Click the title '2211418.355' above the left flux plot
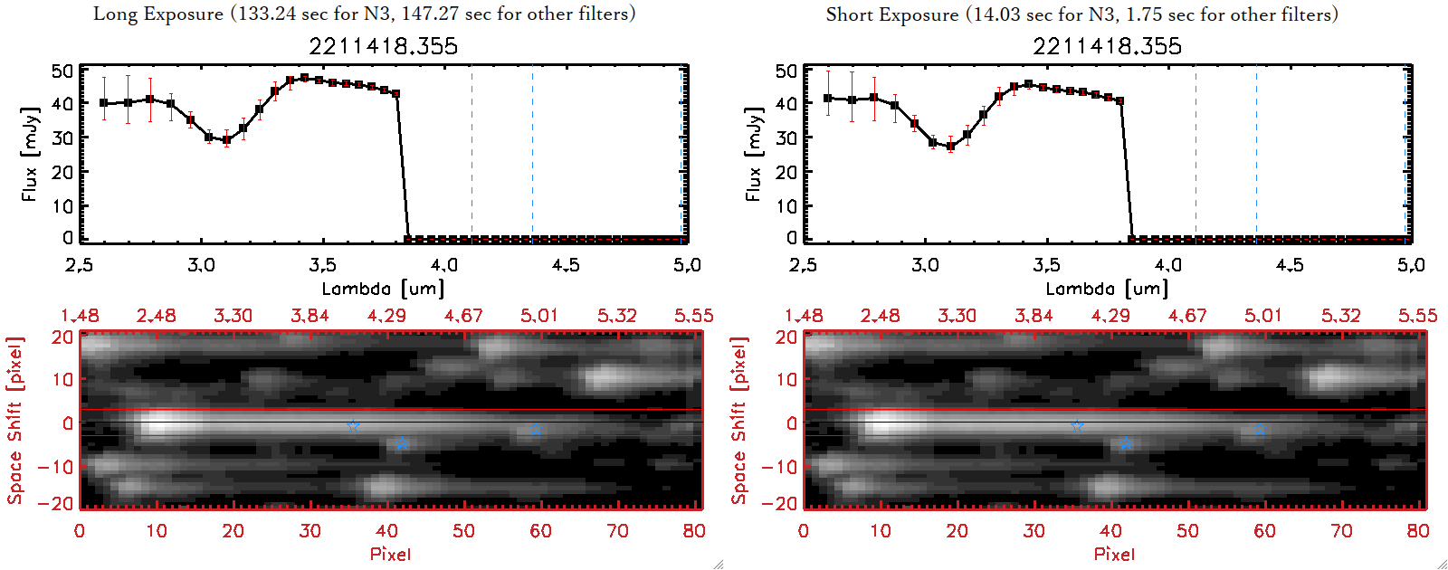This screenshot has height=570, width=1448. pos(383,46)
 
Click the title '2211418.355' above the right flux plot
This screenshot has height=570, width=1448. pos(1107,46)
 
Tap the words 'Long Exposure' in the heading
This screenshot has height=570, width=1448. pos(158,14)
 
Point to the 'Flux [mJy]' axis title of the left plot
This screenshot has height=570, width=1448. pos(30,155)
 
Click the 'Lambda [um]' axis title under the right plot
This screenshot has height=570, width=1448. pos(1107,290)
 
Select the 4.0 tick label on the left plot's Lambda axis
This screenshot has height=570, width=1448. pos(443,265)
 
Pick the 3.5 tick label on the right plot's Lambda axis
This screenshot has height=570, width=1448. pos(1046,265)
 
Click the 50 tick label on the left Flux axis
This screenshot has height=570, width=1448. pos(62,71)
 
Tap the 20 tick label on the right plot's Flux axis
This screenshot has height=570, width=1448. pos(786,172)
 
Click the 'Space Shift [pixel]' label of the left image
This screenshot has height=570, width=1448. pos(14,421)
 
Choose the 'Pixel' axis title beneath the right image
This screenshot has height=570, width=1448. pos(1114,554)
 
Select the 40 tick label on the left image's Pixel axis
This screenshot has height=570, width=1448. pos(386,531)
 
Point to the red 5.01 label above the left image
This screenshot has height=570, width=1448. pos(539,316)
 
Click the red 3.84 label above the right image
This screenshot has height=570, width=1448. pos(1034,316)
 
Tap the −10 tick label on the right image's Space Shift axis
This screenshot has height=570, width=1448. pos(779,467)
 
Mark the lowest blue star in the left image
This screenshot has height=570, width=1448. pos(402,443)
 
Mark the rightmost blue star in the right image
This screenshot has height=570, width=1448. pos(1260,430)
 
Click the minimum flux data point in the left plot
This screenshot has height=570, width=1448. pos(226,140)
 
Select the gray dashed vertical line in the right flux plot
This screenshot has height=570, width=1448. pos(1196,154)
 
